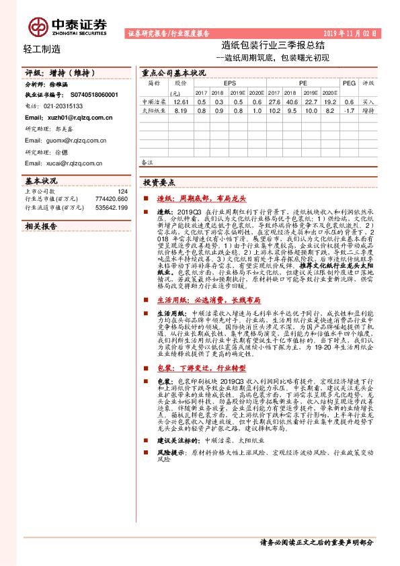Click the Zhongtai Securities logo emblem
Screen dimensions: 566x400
pyautogui.click(x=39, y=25)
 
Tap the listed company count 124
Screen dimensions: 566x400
pyautogui.click(x=122, y=192)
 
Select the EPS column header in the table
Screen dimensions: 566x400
pyautogui.click(x=221, y=83)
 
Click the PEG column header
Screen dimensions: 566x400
pyautogui.click(x=348, y=83)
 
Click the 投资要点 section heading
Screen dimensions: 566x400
pyautogui.click(x=160, y=182)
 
